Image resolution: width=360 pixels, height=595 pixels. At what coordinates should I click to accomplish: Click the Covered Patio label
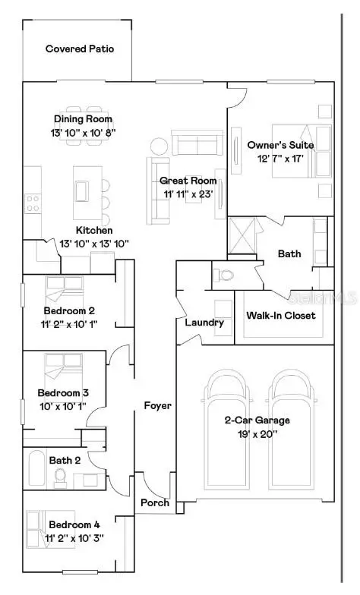click(x=80, y=49)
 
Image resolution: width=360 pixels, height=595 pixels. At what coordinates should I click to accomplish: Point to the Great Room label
click(x=188, y=181)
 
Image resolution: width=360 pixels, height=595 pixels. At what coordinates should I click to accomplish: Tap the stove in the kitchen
click(x=33, y=202)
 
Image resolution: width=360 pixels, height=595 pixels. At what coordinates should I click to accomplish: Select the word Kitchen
click(x=94, y=229)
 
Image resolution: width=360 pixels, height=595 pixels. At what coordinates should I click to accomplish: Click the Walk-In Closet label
click(x=280, y=316)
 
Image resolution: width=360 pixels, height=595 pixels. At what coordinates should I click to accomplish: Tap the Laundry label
click(x=204, y=323)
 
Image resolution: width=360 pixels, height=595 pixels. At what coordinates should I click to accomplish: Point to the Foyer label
click(x=158, y=405)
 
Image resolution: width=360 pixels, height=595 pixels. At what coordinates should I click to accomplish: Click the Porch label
click(x=155, y=503)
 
